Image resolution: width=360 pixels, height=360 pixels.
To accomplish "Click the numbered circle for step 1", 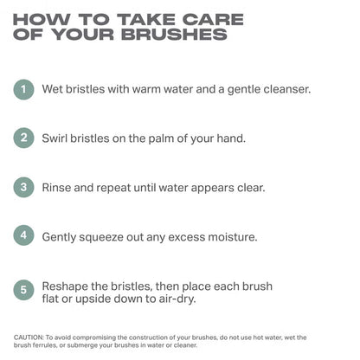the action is coord(23,89).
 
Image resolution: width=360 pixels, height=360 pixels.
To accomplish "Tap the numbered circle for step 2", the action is coord(23,138).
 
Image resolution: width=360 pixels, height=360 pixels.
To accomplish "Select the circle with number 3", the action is coord(23,187).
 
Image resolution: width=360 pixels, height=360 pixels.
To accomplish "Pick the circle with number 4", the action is coord(23,235).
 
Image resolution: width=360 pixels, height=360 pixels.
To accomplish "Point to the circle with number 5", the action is coord(23,290).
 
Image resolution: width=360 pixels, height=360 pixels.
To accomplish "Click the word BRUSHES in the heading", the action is coord(174,35).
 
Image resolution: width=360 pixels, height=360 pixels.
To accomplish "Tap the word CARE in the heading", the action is coord(213,20).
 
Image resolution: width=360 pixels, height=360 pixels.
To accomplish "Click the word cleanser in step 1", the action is coord(287,89).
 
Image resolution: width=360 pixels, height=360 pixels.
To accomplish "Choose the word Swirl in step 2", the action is coord(55,138).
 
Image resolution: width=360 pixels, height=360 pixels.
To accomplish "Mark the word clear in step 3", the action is coord(251,188).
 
